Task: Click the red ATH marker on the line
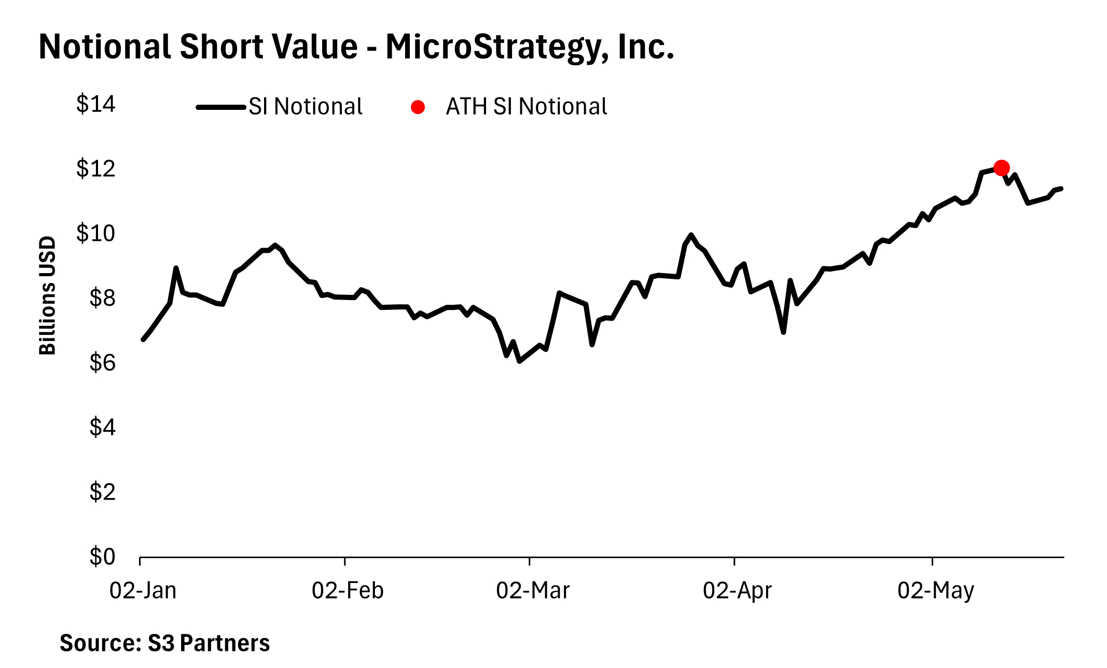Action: pyautogui.click(x=1001, y=168)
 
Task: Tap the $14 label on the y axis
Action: pyautogui.click(x=96, y=104)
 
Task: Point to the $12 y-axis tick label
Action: pyautogui.click(x=96, y=169)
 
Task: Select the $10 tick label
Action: pyautogui.click(x=96, y=234)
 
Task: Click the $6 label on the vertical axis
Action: pyautogui.click(x=102, y=363)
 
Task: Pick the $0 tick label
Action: pyautogui.click(x=102, y=557)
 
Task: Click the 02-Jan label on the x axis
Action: pyautogui.click(x=143, y=591)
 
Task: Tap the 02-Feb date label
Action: pyautogui.click(x=348, y=591)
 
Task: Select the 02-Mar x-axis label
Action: pyautogui.click(x=533, y=591)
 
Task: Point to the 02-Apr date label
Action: pyautogui.click(x=737, y=591)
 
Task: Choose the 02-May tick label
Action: pyautogui.click(x=936, y=591)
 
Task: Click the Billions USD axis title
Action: pyautogui.click(x=47, y=295)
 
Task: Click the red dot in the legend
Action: pyautogui.click(x=418, y=107)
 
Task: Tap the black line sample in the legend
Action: pyautogui.click(x=221, y=107)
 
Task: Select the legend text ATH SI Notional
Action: pyautogui.click(x=526, y=107)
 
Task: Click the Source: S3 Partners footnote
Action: pyautogui.click(x=164, y=643)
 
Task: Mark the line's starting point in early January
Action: pyautogui.click(x=143, y=339)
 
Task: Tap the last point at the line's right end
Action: pyautogui.click(x=1061, y=189)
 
